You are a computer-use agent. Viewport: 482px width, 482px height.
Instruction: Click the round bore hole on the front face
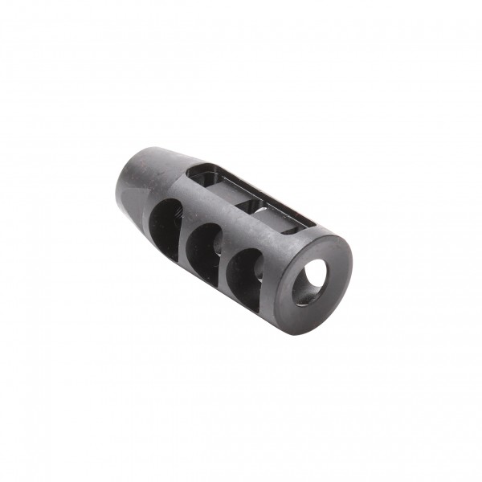(308, 283)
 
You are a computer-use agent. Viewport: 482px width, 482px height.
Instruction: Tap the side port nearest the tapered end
(166, 222)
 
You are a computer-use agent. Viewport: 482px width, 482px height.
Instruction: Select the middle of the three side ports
(205, 245)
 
